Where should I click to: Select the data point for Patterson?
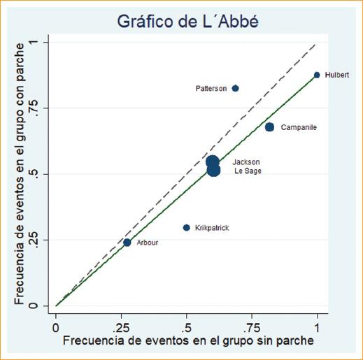[x=235, y=88]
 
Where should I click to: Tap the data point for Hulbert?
[x=317, y=75]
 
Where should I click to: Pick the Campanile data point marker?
[x=269, y=127]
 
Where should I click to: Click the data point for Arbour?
[x=127, y=243]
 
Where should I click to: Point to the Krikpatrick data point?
[x=186, y=227]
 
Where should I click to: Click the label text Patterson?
[x=211, y=89]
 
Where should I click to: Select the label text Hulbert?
[x=337, y=75]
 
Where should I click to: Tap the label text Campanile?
[x=299, y=128]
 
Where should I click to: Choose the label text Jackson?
[x=246, y=162]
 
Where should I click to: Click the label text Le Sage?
[x=247, y=171]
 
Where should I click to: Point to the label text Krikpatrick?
[x=213, y=228]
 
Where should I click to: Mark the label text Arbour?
[x=148, y=243]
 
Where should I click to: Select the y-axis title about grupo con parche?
[x=21, y=173]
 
